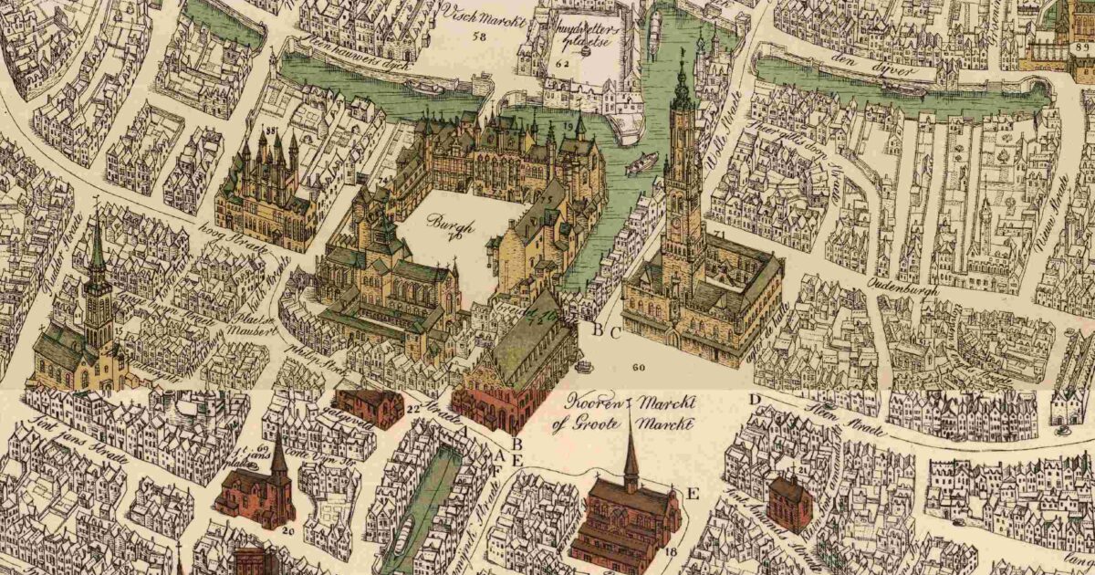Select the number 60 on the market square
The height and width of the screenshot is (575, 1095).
tap(637, 367)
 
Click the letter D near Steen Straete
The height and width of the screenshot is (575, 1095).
tap(755, 399)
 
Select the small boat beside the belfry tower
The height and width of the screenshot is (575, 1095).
tap(642, 164)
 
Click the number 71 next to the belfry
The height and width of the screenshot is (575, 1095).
tap(721, 235)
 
